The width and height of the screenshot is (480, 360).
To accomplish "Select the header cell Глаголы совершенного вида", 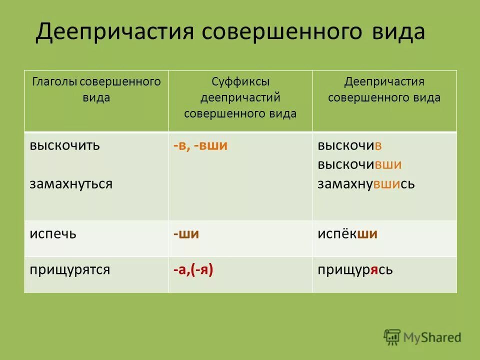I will [x=96, y=89].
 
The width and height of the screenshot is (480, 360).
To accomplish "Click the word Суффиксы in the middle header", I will [x=240, y=81].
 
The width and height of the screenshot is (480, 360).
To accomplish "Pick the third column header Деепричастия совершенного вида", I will [x=384, y=89].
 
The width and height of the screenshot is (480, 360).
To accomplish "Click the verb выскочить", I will [x=64, y=145].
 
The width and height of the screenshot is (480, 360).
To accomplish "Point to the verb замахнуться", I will [x=70, y=183].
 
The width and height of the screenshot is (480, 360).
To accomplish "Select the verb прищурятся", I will [x=69, y=269].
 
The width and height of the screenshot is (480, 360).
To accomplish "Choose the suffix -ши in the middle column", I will [x=186, y=233].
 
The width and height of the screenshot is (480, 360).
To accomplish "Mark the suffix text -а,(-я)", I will [x=193, y=269].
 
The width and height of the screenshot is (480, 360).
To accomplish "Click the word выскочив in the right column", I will [x=350, y=145].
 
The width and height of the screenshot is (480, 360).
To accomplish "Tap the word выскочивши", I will [x=359, y=164].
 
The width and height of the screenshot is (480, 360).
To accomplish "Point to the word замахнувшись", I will [x=366, y=183].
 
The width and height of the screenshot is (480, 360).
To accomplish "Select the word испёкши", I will [x=347, y=233].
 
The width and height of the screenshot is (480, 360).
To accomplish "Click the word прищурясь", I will [x=355, y=269].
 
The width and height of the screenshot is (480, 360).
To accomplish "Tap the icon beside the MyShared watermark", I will [x=392, y=337].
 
